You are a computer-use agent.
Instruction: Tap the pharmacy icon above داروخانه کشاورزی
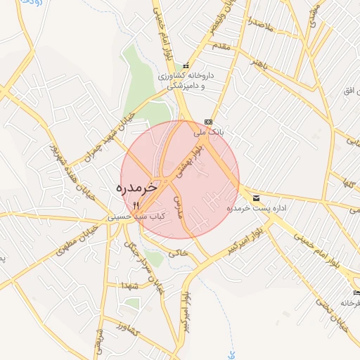[186, 65]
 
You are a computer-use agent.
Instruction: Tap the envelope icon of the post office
[256, 199]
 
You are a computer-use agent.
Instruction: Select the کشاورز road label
[129, 329]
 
